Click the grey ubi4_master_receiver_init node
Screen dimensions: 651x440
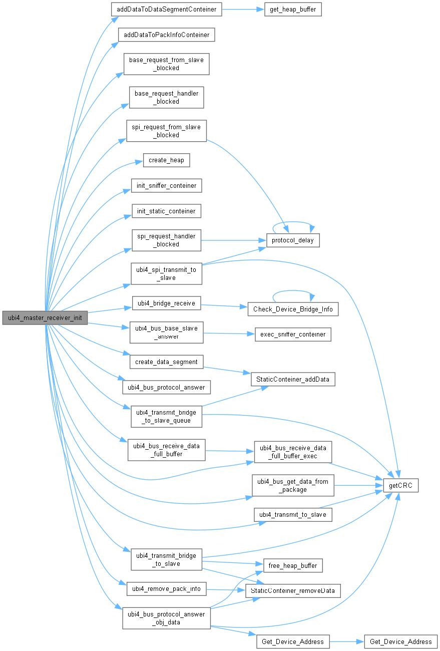pos(45,317)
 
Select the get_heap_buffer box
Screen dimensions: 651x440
pos(292,10)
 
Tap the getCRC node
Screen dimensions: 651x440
pos(400,485)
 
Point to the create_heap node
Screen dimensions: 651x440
pos(167,160)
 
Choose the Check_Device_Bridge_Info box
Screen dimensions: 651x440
pos(293,309)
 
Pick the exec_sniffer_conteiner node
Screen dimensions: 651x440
pos(293,334)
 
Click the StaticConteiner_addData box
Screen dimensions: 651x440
pos(293,379)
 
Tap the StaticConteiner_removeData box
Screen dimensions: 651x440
pos(293,590)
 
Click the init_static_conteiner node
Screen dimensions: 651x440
pos(166,211)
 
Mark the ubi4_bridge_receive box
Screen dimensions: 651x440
pos(166,303)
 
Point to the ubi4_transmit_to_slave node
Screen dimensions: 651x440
pos(293,514)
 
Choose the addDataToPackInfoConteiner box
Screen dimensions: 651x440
pos(166,35)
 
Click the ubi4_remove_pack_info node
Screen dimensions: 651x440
pos(166,588)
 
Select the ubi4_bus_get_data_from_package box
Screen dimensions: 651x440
pos(293,485)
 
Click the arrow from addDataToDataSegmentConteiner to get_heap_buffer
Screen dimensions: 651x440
pos(243,10)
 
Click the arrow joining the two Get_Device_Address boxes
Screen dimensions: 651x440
pos(346,641)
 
